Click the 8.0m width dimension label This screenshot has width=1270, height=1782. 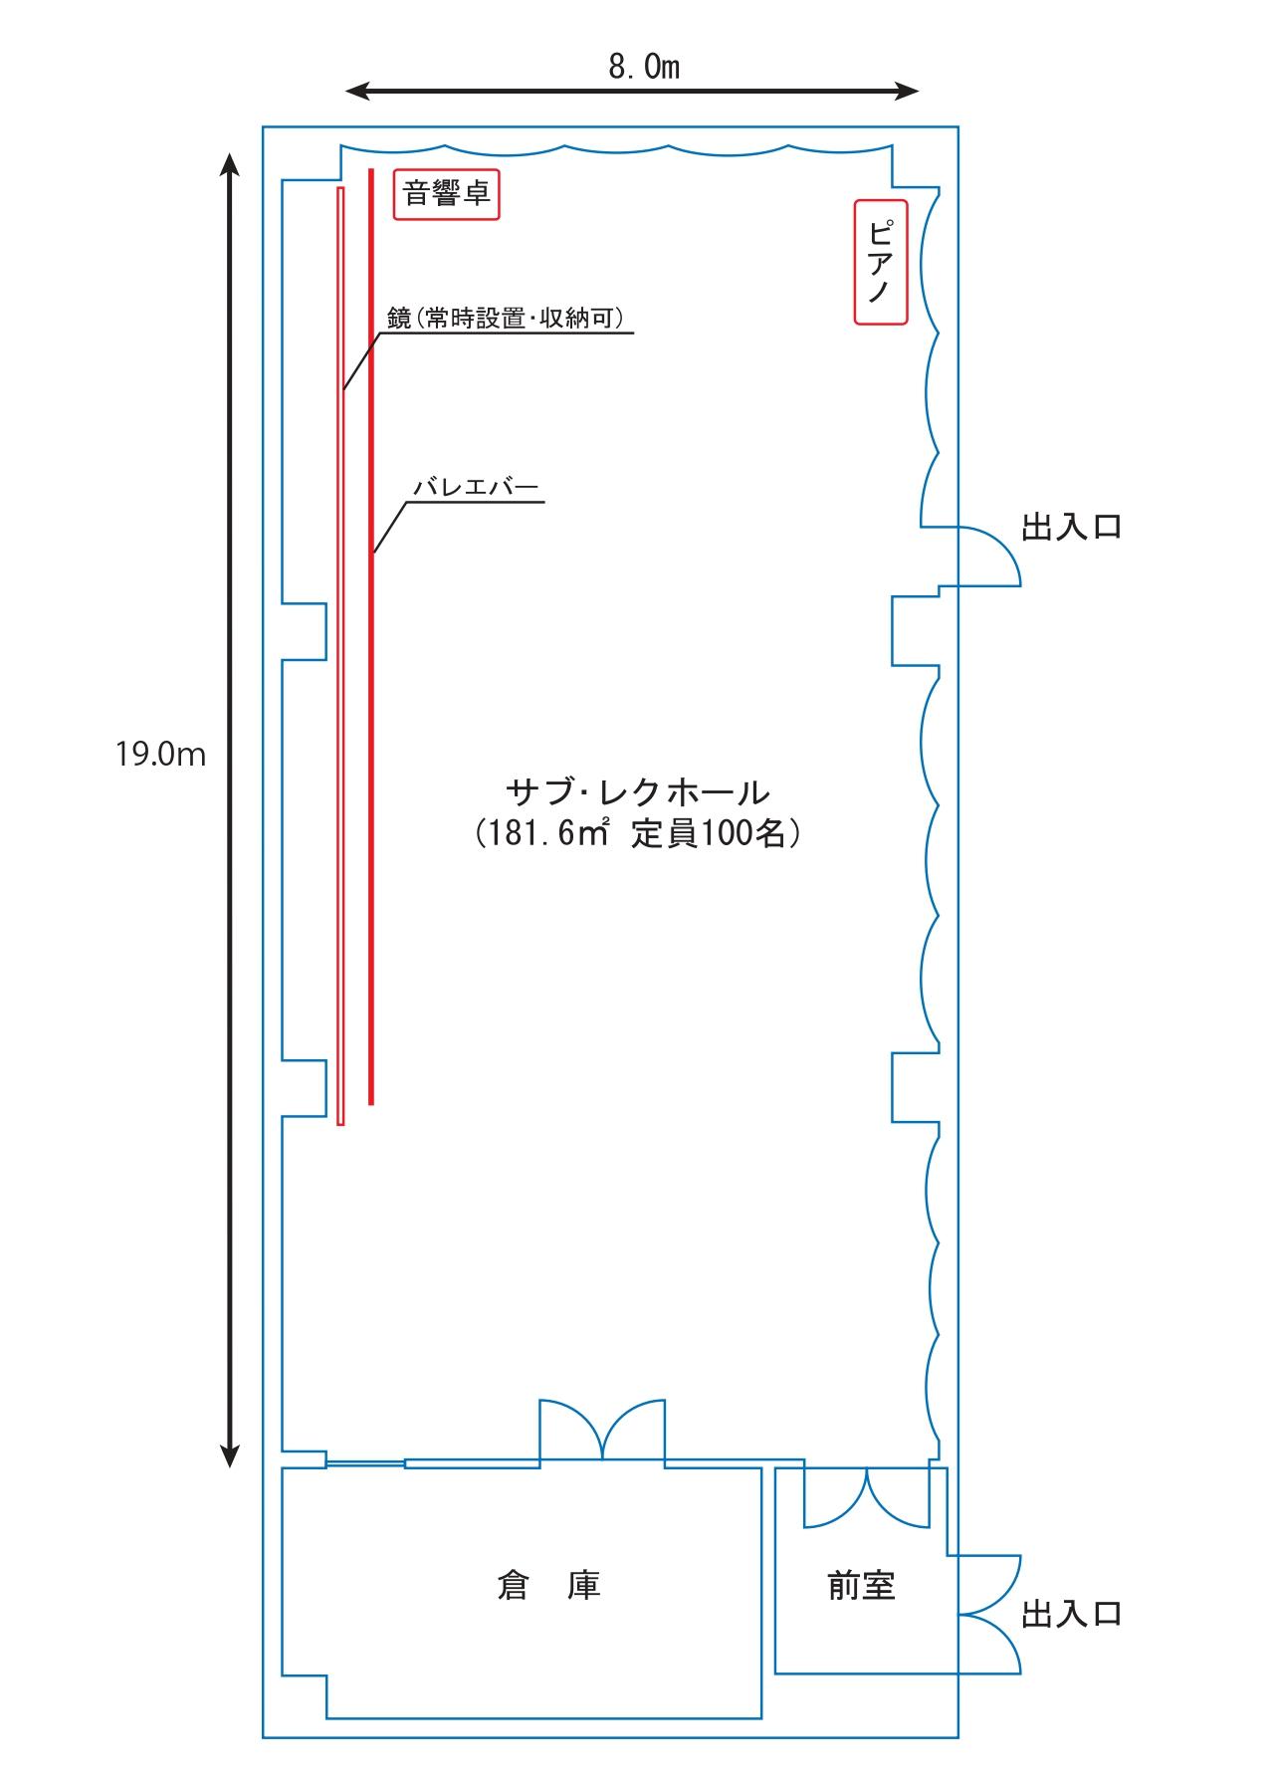point(644,67)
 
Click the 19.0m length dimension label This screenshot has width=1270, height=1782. point(160,754)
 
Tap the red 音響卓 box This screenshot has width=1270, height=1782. point(447,193)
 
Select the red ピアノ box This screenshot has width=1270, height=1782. point(881,262)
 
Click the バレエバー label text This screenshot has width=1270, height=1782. point(476,488)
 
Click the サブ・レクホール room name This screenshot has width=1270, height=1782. point(638,792)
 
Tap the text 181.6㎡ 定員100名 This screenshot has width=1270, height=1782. point(638,833)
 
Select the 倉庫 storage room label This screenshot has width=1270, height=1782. point(548,1585)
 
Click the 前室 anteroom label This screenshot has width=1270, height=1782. point(861,1585)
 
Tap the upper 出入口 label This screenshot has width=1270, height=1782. point(1071,527)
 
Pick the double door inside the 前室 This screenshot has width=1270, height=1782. point(867,1498)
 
